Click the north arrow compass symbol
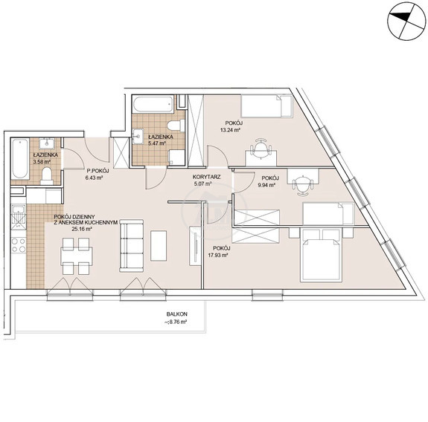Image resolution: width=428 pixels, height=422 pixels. [x=406, y=21]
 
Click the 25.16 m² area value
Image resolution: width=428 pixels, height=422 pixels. [x=82, y=229]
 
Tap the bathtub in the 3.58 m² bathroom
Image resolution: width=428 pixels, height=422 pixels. [x=20, y=159]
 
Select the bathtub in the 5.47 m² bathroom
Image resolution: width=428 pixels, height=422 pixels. [x=153, y=103]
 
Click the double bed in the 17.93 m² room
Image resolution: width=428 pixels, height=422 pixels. [x=321, y=255]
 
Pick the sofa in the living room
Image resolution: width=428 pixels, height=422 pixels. [x=131, y=246]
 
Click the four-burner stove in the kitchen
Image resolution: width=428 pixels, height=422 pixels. [x=19, y=245]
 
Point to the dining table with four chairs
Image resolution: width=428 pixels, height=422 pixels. [x=76, y=256]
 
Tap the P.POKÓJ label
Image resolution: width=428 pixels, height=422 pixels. [x=98, y=171]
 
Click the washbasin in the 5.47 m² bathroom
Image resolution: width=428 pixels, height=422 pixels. [x=139, y=136]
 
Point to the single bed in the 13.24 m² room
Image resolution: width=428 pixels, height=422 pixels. [x=266, y=106]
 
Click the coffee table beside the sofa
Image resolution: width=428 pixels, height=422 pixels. [x=159, y=246]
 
